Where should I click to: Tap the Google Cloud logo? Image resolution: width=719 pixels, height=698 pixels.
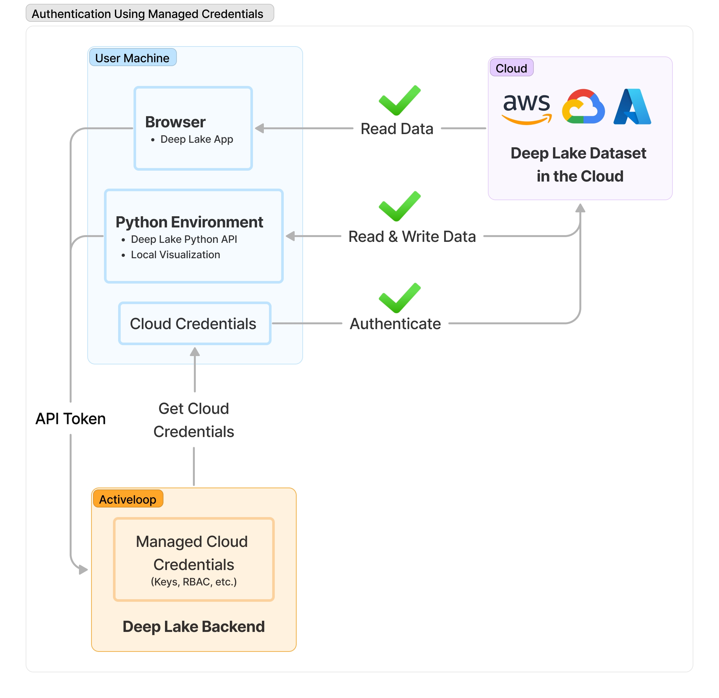(583, 107)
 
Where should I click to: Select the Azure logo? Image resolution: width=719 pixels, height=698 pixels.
(632, 107)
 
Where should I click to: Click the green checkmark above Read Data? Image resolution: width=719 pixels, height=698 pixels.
(400, 100)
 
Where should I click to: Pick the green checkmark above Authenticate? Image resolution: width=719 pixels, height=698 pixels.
(400, 298)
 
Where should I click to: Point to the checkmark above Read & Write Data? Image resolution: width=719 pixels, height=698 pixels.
(400, 206)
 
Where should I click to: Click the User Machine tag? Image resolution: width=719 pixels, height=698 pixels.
(133, 58)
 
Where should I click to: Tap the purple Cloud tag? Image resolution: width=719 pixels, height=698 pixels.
(511, 68)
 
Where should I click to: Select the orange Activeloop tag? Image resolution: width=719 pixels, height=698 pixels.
(128, 499)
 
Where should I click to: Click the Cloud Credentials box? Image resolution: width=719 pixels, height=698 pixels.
(195, 324)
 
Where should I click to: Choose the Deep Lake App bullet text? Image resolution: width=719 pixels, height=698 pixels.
(197, 139)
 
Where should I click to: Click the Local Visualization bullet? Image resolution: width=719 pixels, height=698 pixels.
(175, 255)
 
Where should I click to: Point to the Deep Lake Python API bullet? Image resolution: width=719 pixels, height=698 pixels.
(184, 239)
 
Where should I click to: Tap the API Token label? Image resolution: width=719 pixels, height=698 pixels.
(70, 419)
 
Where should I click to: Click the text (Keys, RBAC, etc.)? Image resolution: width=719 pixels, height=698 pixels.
(194, 582)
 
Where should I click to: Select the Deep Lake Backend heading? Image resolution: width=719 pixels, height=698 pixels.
(194, 626)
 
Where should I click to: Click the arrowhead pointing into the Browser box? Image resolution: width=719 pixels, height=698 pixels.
(260, 128)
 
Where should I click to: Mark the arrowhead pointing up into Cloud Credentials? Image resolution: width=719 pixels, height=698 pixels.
(195, 352)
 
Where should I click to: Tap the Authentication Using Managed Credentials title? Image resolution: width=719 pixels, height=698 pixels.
(147, 14)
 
